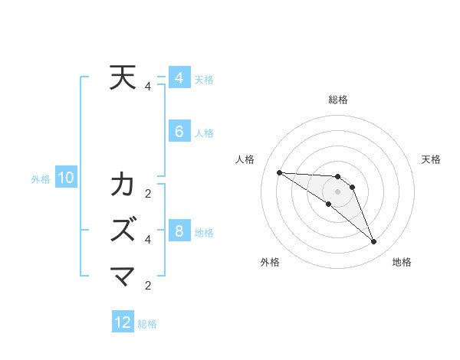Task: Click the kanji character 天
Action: [123, 78]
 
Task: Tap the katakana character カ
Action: [123, 185]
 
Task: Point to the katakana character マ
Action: [123, 274]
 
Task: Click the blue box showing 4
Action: [179, 78]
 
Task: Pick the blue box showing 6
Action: [179, 132]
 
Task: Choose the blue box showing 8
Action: [179, 231]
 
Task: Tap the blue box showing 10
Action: [66, 178]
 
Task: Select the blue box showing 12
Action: [123, 322]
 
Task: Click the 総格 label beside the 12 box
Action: [147, 324]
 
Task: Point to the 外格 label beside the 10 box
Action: [41, 179]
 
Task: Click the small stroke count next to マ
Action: [148, 286]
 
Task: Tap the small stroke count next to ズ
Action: [148, 239]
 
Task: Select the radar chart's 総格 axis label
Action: [337, 100]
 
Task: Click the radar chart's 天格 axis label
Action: [432, 159]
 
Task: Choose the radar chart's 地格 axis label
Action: [402, 262]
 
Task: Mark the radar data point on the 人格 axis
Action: [279, 172]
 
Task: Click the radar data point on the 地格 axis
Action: [374, 242]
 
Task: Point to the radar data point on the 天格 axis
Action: [352, 187]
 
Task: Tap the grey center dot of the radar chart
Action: [337, 191]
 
